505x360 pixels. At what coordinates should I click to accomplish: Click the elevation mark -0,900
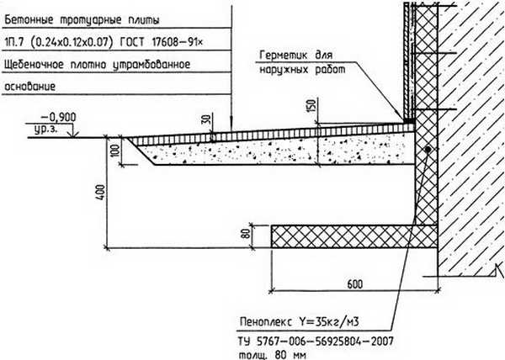(53, 119)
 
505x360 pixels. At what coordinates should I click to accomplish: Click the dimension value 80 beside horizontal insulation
(246, 236)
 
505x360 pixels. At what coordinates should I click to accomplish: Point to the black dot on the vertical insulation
(428, 149)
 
